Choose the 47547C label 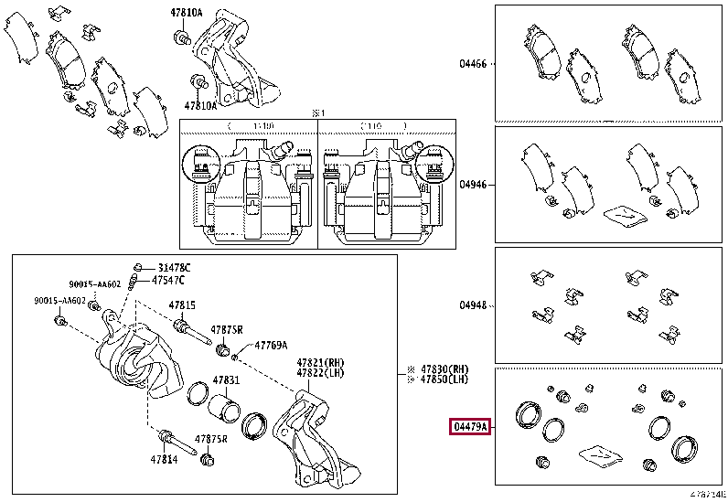click(167, 279)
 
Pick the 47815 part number click(181, 304)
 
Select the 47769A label click(271, 347)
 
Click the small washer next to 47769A click(236, 355)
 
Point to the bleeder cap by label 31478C click(135, 266)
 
